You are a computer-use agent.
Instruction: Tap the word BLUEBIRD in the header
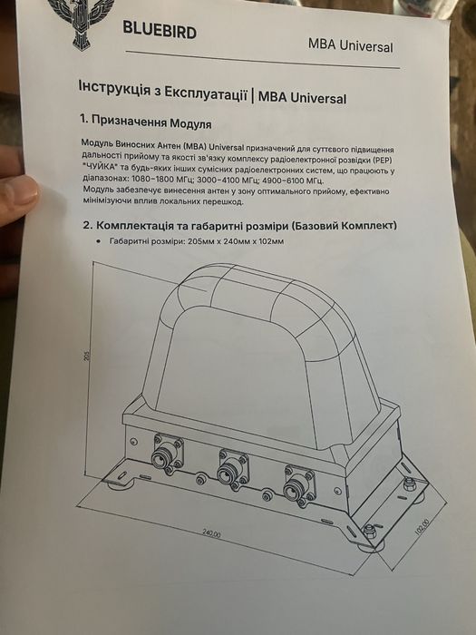point(160,30)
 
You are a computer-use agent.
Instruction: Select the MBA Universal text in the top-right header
point(350,44)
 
